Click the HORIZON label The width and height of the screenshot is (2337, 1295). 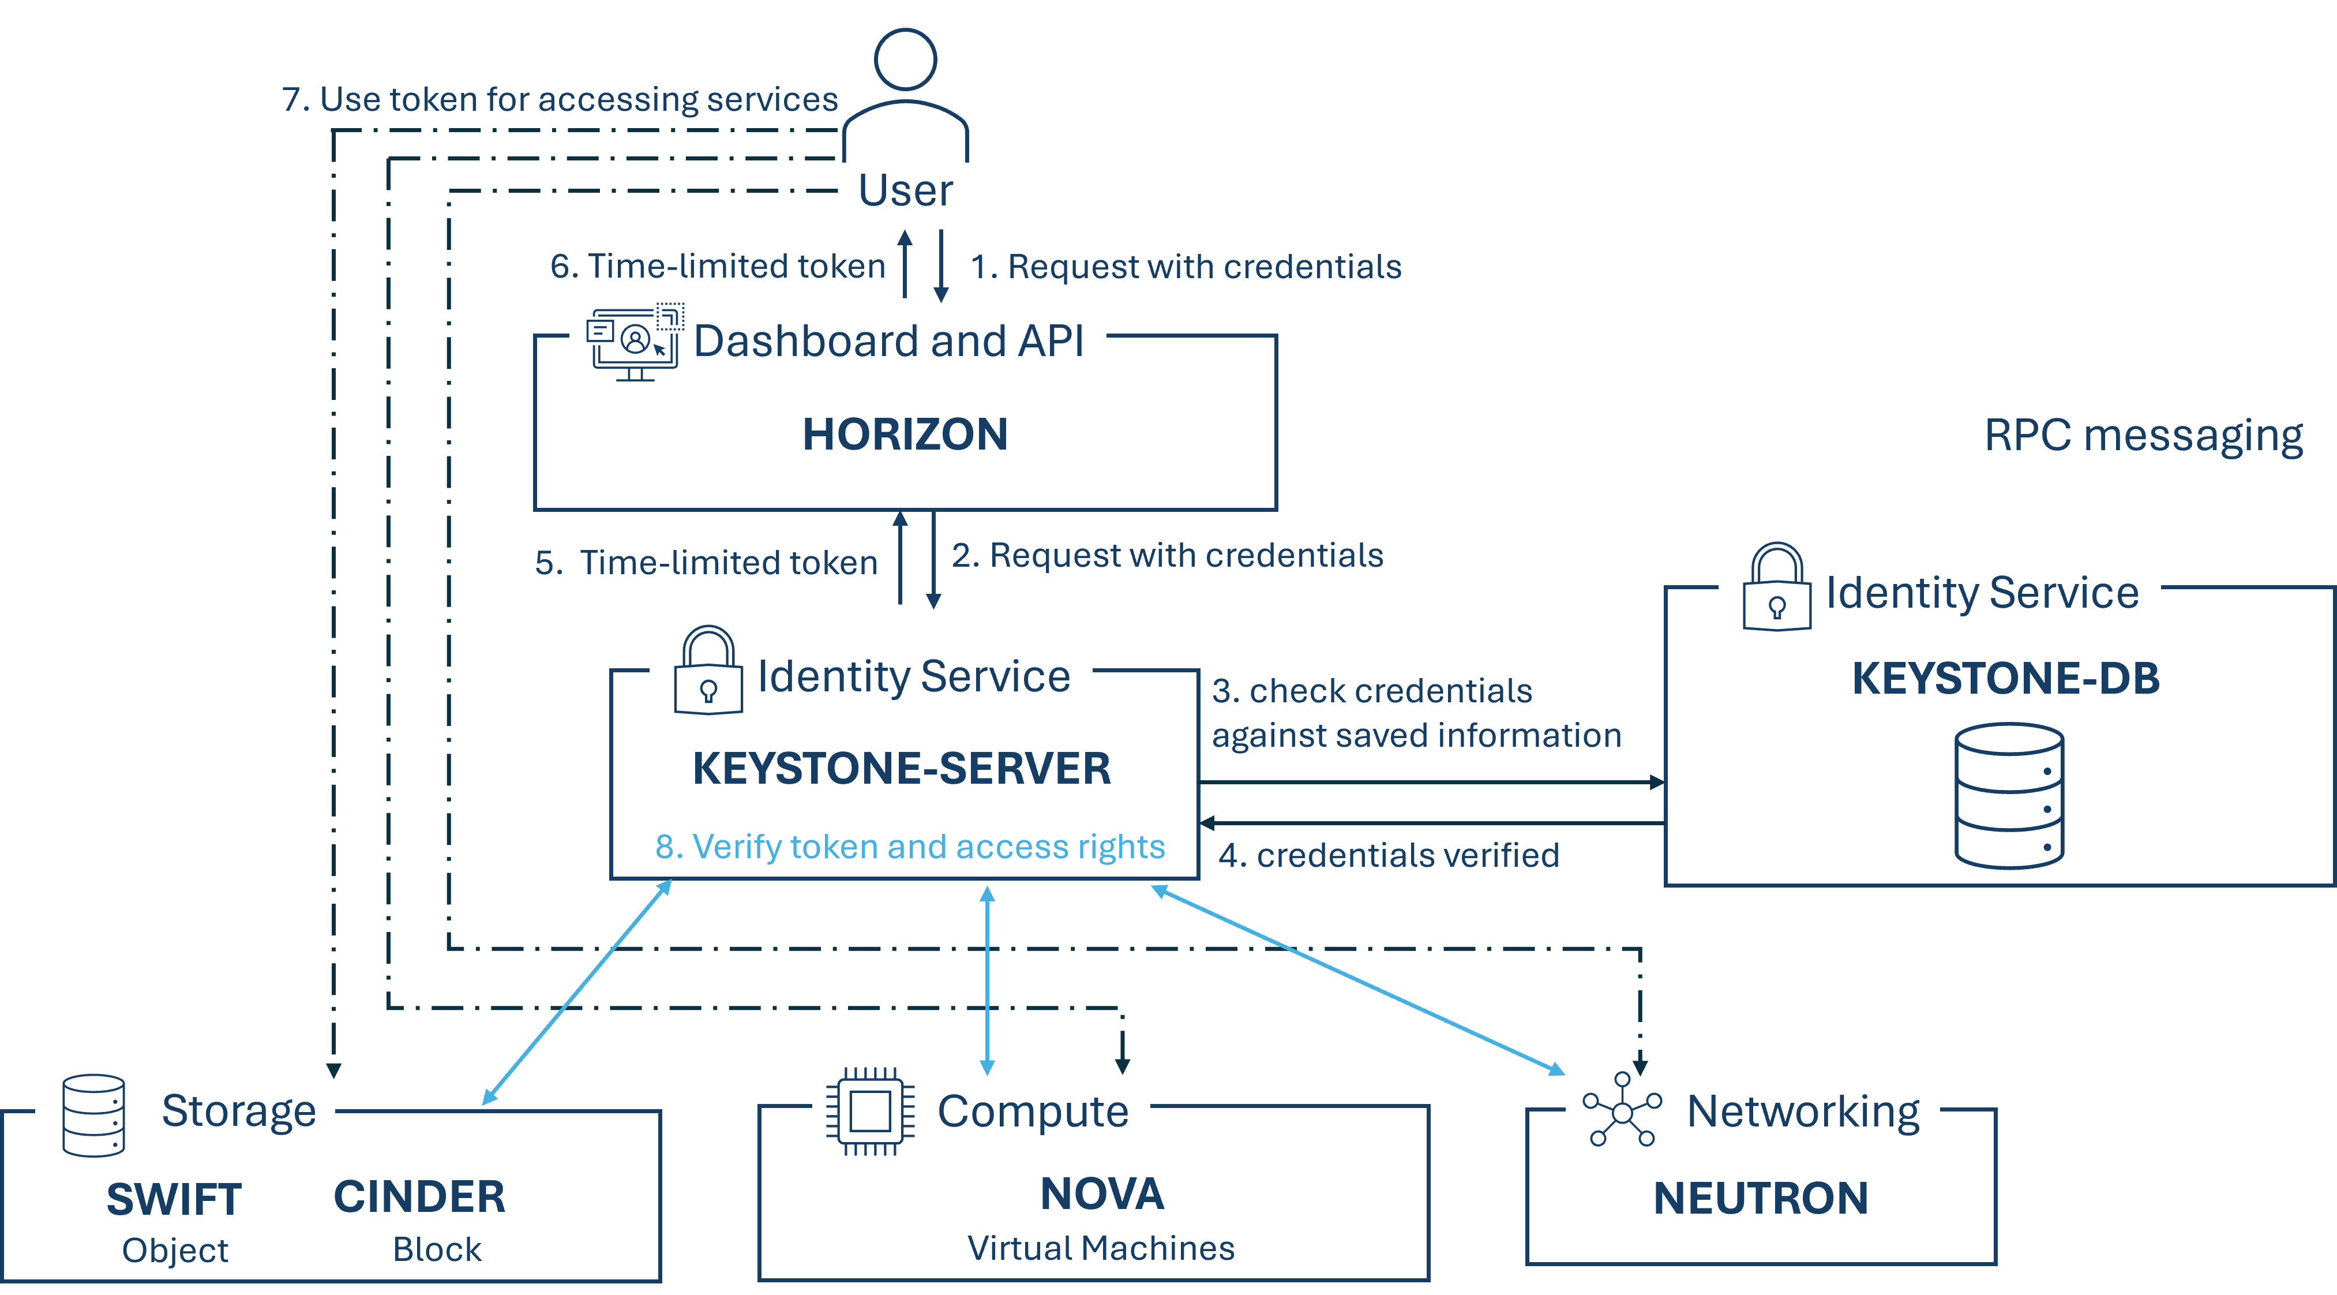905,434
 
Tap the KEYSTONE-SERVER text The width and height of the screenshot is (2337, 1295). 901,769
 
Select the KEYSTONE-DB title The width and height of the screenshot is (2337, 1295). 2005,678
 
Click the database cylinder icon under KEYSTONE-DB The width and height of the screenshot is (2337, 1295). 2009,796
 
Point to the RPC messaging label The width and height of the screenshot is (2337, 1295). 2143,436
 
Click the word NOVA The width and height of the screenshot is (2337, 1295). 1101,1193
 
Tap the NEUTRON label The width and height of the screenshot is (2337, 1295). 1760,1198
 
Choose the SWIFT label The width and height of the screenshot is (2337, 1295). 174,1199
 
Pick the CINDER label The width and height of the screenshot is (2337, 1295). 419,1196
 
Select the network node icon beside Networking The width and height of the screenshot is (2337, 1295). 1622,1111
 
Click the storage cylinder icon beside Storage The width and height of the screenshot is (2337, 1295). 93,1116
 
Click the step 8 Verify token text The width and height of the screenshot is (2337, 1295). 910,846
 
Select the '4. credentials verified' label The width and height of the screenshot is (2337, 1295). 1389,855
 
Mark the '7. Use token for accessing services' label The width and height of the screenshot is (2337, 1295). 560,99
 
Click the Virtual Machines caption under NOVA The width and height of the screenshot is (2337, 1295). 1101,1248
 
